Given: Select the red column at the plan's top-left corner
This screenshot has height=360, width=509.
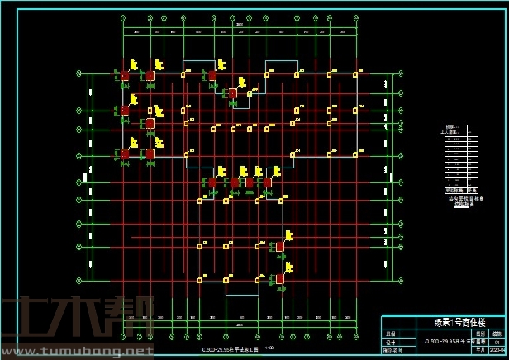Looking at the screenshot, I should tap(125, 76).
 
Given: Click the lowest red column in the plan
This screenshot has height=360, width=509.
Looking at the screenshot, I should tap(279, 279).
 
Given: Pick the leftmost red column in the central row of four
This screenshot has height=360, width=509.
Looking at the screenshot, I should tap(212, 182).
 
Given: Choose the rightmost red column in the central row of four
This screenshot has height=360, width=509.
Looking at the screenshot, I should tap(267, 182).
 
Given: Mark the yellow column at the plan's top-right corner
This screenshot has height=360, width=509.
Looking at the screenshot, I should tap(355, 74).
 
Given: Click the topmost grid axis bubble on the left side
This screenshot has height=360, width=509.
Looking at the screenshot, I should tap(78, 73).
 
